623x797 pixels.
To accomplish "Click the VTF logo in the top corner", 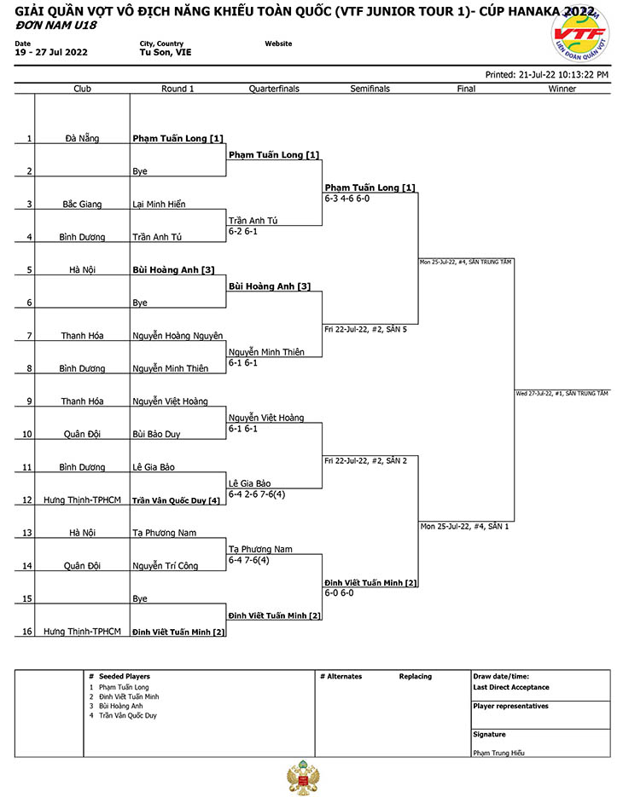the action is pos(579,34).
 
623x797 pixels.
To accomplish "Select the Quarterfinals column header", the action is pos(274,89).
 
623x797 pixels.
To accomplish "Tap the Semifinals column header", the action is pos(370,89).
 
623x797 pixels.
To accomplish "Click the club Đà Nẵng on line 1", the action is pos(82,138).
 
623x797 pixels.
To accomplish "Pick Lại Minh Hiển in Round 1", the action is pos(159,205).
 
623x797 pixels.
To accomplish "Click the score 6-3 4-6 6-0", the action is pos(347,199).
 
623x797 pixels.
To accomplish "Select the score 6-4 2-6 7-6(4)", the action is pos(257,494).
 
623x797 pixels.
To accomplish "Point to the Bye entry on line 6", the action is pos(140,303).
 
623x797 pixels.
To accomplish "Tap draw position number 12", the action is pos(27,500).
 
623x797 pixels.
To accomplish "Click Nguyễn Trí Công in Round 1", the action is pos(166,566).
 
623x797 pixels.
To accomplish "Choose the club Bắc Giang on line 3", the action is pos(82,205).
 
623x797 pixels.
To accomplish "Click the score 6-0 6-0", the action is pos(339,593).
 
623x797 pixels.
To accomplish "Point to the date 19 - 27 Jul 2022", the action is pos(51,52).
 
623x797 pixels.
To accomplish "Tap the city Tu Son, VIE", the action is pos(166,52).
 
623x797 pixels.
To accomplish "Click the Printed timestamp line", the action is pos(547,75).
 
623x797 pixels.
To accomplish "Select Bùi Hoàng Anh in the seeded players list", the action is pos(120,706).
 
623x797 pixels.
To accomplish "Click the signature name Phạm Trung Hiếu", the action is pos(498,754).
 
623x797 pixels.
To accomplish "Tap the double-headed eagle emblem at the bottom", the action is pos(303,777).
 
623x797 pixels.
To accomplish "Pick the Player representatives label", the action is pos(510,706).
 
